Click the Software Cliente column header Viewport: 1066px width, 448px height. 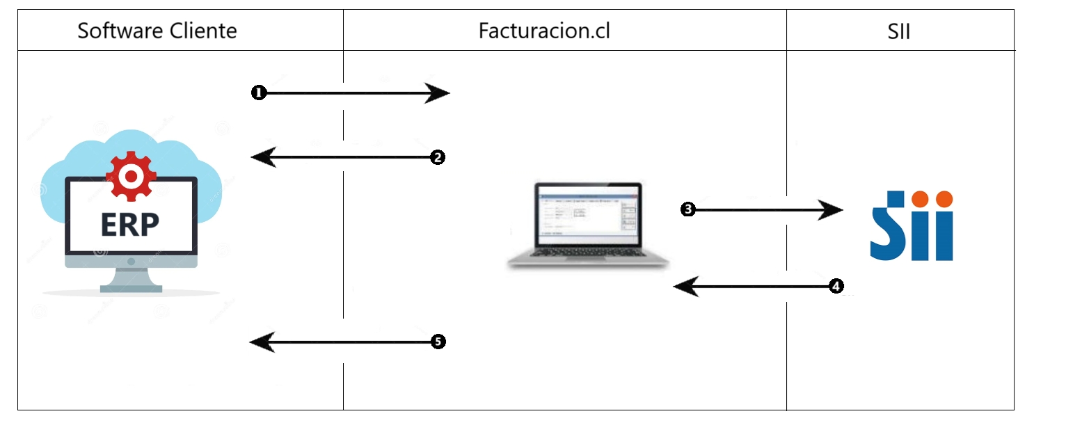point(157,31)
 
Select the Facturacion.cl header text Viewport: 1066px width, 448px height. point(544,31)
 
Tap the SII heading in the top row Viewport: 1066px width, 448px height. point(899,31)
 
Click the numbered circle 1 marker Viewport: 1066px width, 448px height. point(259,93)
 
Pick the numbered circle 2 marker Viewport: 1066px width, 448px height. point(437,158)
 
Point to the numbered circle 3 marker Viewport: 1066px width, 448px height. point(687,209)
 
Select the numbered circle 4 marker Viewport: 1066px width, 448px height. point(836,286)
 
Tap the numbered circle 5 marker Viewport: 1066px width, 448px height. point(437,342)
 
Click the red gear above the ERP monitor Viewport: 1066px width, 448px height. point(130,176)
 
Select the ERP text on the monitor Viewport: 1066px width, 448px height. point(130,224)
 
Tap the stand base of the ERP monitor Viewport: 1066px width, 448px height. point(131,287)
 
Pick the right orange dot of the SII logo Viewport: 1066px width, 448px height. point(944,200)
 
